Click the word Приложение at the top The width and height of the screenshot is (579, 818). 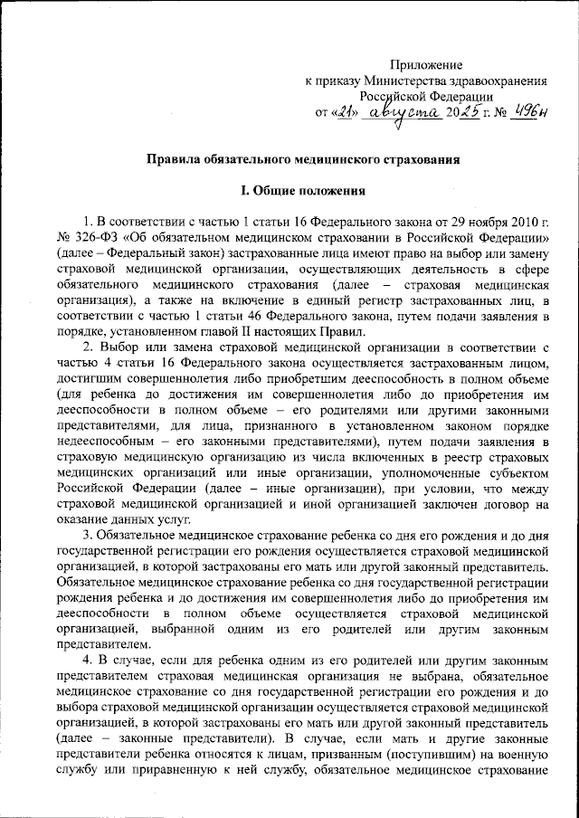click(426, 64)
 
